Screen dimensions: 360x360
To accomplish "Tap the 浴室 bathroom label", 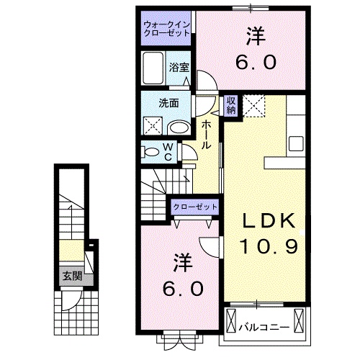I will (x=179, y=67).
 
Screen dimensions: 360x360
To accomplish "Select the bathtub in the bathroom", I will (x=153, y=71).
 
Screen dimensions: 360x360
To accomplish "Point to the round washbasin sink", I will (x=179, y=127).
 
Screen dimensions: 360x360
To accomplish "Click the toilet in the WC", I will (x=153, y=153).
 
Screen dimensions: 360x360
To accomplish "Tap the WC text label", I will (x=167, y=152).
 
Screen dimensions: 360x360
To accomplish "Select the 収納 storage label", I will (x=231, y=105).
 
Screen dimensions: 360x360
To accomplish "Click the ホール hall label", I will (x=206, y=135).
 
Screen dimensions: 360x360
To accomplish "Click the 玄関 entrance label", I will (x=71, y=276).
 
